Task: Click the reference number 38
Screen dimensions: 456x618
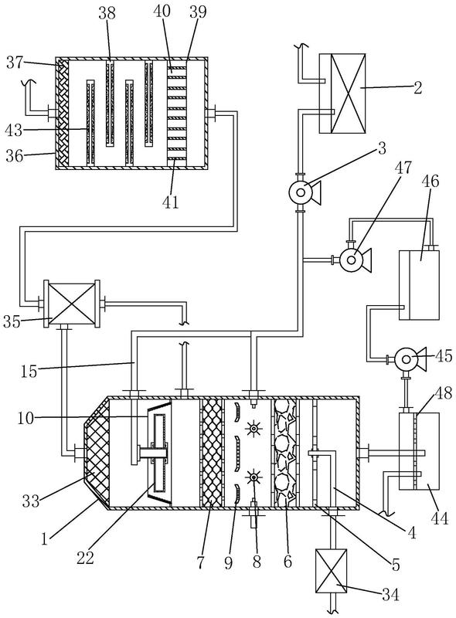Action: tap(107, 12)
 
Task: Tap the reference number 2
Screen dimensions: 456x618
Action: tap(417, 87)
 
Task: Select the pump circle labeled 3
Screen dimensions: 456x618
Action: tap(301, 192)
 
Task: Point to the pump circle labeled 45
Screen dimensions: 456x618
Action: tap(406, 358)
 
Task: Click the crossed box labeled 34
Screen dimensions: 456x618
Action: tap(331, 570)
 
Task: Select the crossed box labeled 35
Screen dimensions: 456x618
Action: tap(71, 303)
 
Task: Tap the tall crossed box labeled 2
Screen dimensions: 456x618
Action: tap(342, 93)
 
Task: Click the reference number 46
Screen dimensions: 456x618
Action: tap(430, 182)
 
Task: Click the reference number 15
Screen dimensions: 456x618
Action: tap(29, 372)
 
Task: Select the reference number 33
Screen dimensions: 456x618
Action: tap(30, 501)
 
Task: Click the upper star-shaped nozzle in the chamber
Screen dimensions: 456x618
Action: tap(253, 428)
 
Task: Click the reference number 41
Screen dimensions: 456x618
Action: tap(170, 202)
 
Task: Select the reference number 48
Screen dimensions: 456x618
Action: tap(443, 393)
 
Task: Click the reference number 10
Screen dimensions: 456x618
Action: tap(26, 418)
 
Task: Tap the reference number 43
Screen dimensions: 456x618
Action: tap(14, 130)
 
